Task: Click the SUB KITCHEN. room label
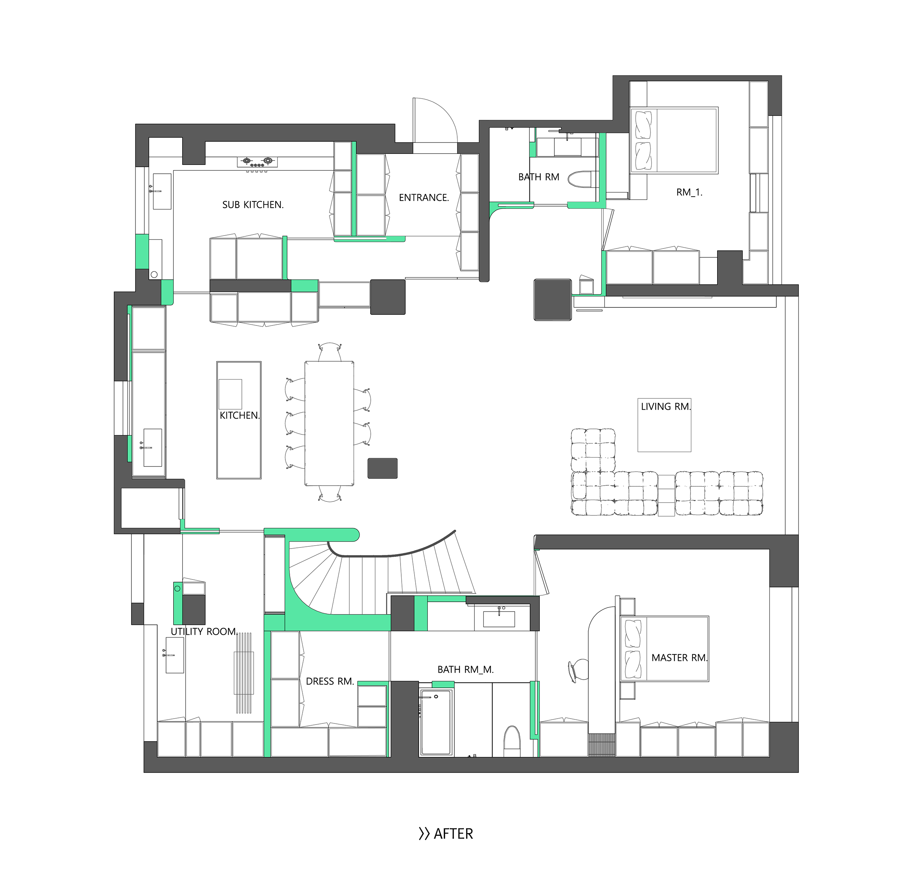(253, 205)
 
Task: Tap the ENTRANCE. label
(424, 198)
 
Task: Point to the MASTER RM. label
(679, 658)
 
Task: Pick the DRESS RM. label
(329, 681)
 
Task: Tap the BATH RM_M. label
(465, 670)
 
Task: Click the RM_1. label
(689, 192)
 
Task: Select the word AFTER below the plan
(453, 834)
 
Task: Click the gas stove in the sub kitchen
(257, 162)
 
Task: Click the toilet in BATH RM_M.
(512, 741)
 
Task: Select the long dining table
(329, 423)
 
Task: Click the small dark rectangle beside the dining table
(383, 468)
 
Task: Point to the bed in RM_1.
(674, 140)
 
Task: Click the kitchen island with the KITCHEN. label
(239, 420)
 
